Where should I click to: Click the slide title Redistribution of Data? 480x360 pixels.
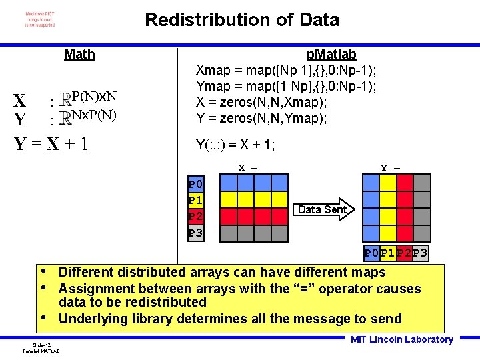tap(241, 20)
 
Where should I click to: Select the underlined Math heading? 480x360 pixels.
tap(79, 54)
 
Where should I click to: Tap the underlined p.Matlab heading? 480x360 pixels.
tap(331, 54)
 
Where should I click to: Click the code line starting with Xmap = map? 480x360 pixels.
tap(286, 70)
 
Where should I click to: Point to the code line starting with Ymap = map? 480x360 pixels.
tap(286, 86)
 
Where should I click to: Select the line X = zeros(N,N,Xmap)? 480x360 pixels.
tap(261, 102)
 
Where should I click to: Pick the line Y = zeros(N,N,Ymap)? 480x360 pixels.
tap(261, 118)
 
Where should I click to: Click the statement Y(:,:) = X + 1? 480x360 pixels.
tap(235, 145)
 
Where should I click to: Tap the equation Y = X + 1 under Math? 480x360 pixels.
tap(51, 144)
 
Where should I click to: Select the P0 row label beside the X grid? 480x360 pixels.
tap(195, 184)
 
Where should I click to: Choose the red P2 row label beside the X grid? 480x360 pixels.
tap(195, 216)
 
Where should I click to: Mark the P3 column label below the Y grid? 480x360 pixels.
tap(420, 253)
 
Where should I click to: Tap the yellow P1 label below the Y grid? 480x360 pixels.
tap(388, 253)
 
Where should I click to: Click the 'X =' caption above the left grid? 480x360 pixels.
tap(248, 167)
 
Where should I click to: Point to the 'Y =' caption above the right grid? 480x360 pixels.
tap(390, 167)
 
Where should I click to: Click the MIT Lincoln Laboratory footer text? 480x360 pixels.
tap(401, 339)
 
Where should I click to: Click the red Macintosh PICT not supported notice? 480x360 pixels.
tap(40, 19)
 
